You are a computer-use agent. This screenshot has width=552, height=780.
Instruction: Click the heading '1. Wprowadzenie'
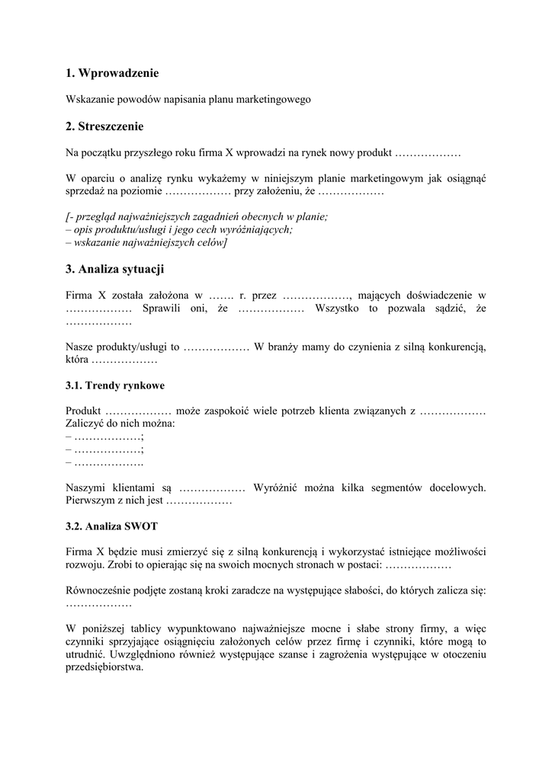(x=112, y=73)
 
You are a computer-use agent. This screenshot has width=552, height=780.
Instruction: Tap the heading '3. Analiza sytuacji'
(x=115, y=269)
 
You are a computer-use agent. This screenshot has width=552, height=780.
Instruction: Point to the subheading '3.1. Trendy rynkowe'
(x=115, y=385)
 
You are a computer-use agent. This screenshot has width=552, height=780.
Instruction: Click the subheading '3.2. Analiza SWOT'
(x=112, y=526)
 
